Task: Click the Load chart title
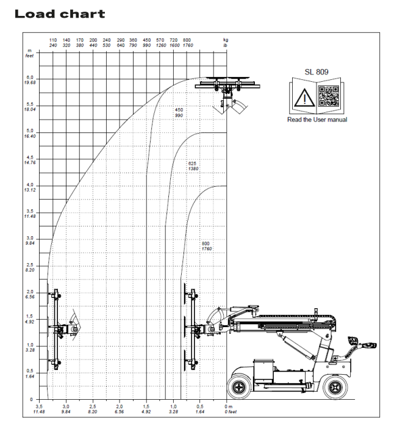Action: [x=60, y=14]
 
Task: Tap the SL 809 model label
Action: [x=317, y=72]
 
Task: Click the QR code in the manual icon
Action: [x=329, y=96]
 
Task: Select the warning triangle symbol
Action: [x=304, y=98]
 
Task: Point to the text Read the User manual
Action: [x=317, y=120]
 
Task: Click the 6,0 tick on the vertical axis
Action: [x=30, y=78]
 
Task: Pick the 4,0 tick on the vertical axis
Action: [x=30, y=185]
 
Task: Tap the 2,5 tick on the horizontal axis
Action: [x=93, y=406]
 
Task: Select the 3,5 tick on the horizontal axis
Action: [x=39, y=406]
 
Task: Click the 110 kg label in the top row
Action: [x=53, y=40]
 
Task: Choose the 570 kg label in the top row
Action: [x=160, y=40]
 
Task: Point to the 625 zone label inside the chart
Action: [x=192, y=164]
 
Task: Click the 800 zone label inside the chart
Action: [x=206, y=244]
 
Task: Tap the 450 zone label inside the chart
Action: [x=179, y=110]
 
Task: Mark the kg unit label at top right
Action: [x=226, y=40]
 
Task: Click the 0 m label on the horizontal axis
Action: [x=229, y=406]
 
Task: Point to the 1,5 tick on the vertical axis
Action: [x=30, y=316]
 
